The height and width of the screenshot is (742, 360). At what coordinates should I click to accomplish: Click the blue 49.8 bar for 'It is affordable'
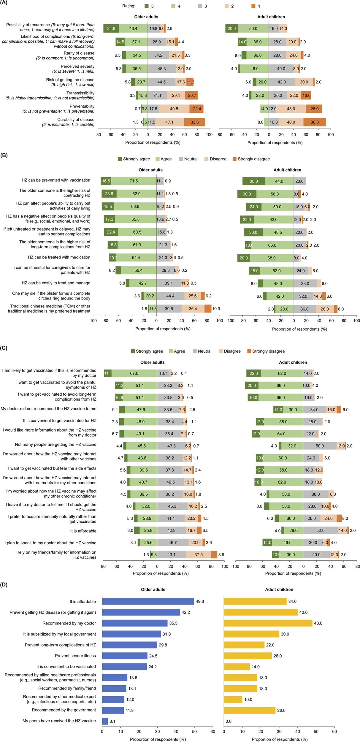148,601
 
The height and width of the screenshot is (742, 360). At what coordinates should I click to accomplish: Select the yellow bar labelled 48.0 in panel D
268,623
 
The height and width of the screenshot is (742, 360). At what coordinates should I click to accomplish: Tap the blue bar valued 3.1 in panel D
105,721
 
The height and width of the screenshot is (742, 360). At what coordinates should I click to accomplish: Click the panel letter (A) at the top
4,3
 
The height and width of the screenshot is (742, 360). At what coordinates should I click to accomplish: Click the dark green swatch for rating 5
147,6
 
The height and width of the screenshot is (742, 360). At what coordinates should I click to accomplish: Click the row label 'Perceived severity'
77,66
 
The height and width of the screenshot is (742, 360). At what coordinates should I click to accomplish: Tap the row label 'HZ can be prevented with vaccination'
56,180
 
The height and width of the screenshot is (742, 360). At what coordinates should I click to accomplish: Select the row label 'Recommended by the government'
64,710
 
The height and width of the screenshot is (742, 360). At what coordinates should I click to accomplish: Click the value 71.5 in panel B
134,181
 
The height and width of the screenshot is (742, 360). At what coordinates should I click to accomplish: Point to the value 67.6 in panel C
134,373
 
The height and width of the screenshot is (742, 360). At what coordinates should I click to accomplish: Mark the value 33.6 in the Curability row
195,122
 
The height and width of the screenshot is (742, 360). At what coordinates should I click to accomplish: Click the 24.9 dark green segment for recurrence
111,28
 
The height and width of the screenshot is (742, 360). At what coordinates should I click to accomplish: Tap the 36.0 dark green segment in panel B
254,181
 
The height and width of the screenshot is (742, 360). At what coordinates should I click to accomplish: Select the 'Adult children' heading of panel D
279,589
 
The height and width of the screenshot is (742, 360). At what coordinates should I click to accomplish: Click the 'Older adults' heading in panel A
146,17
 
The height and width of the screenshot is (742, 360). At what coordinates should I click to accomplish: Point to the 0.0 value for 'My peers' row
229,721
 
